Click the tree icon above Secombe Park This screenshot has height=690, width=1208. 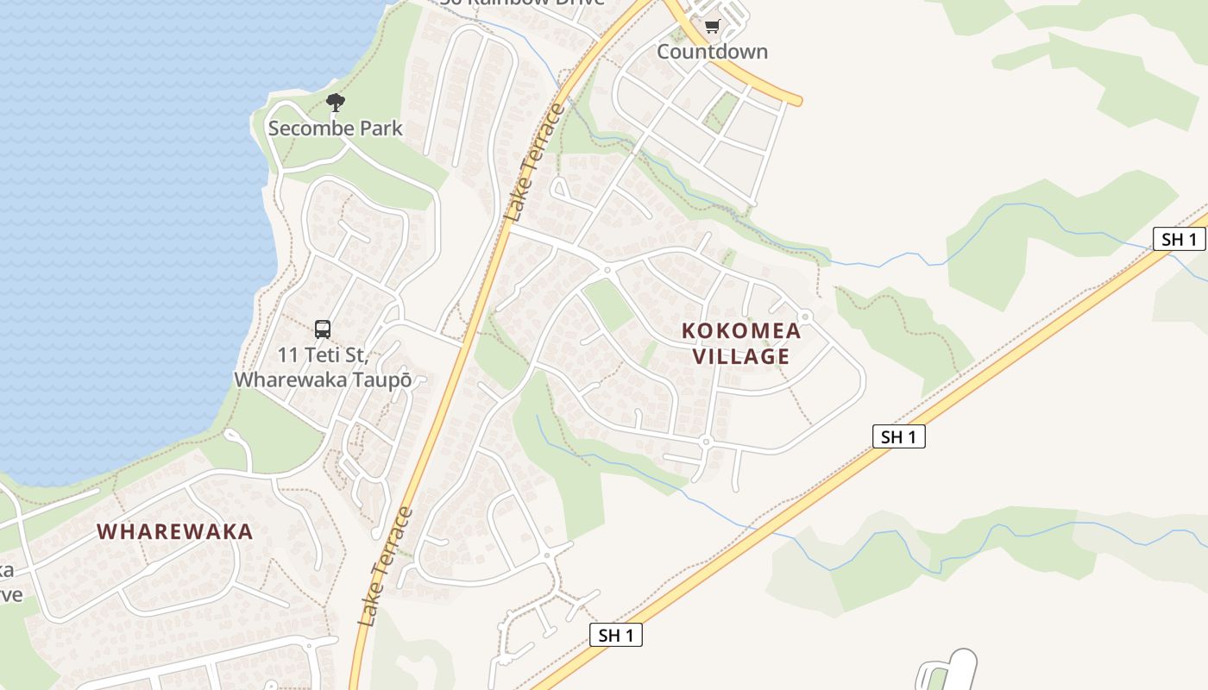coord(336,103)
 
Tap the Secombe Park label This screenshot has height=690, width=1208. coord(335,129)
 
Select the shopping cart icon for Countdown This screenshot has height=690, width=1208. coord(712,27)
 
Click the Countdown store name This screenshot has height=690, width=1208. coord(712,52)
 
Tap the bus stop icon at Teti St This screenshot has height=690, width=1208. coord(322,329)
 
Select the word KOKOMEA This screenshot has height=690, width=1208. coord(740,330)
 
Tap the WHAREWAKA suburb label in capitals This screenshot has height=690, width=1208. coord(175,531)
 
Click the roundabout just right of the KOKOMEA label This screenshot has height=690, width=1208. coord(806,317)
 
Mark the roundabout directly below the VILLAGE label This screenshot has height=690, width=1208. coord(705,442)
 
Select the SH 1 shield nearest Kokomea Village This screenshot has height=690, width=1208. coord(898,437)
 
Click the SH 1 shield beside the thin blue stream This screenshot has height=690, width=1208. coord(1179,239)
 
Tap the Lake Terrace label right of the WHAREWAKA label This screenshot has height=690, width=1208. coord(385,567)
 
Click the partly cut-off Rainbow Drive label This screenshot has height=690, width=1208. coord(522,3)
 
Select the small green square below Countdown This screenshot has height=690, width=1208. coord(721,112)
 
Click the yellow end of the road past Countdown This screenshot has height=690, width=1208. coord(797,102)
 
